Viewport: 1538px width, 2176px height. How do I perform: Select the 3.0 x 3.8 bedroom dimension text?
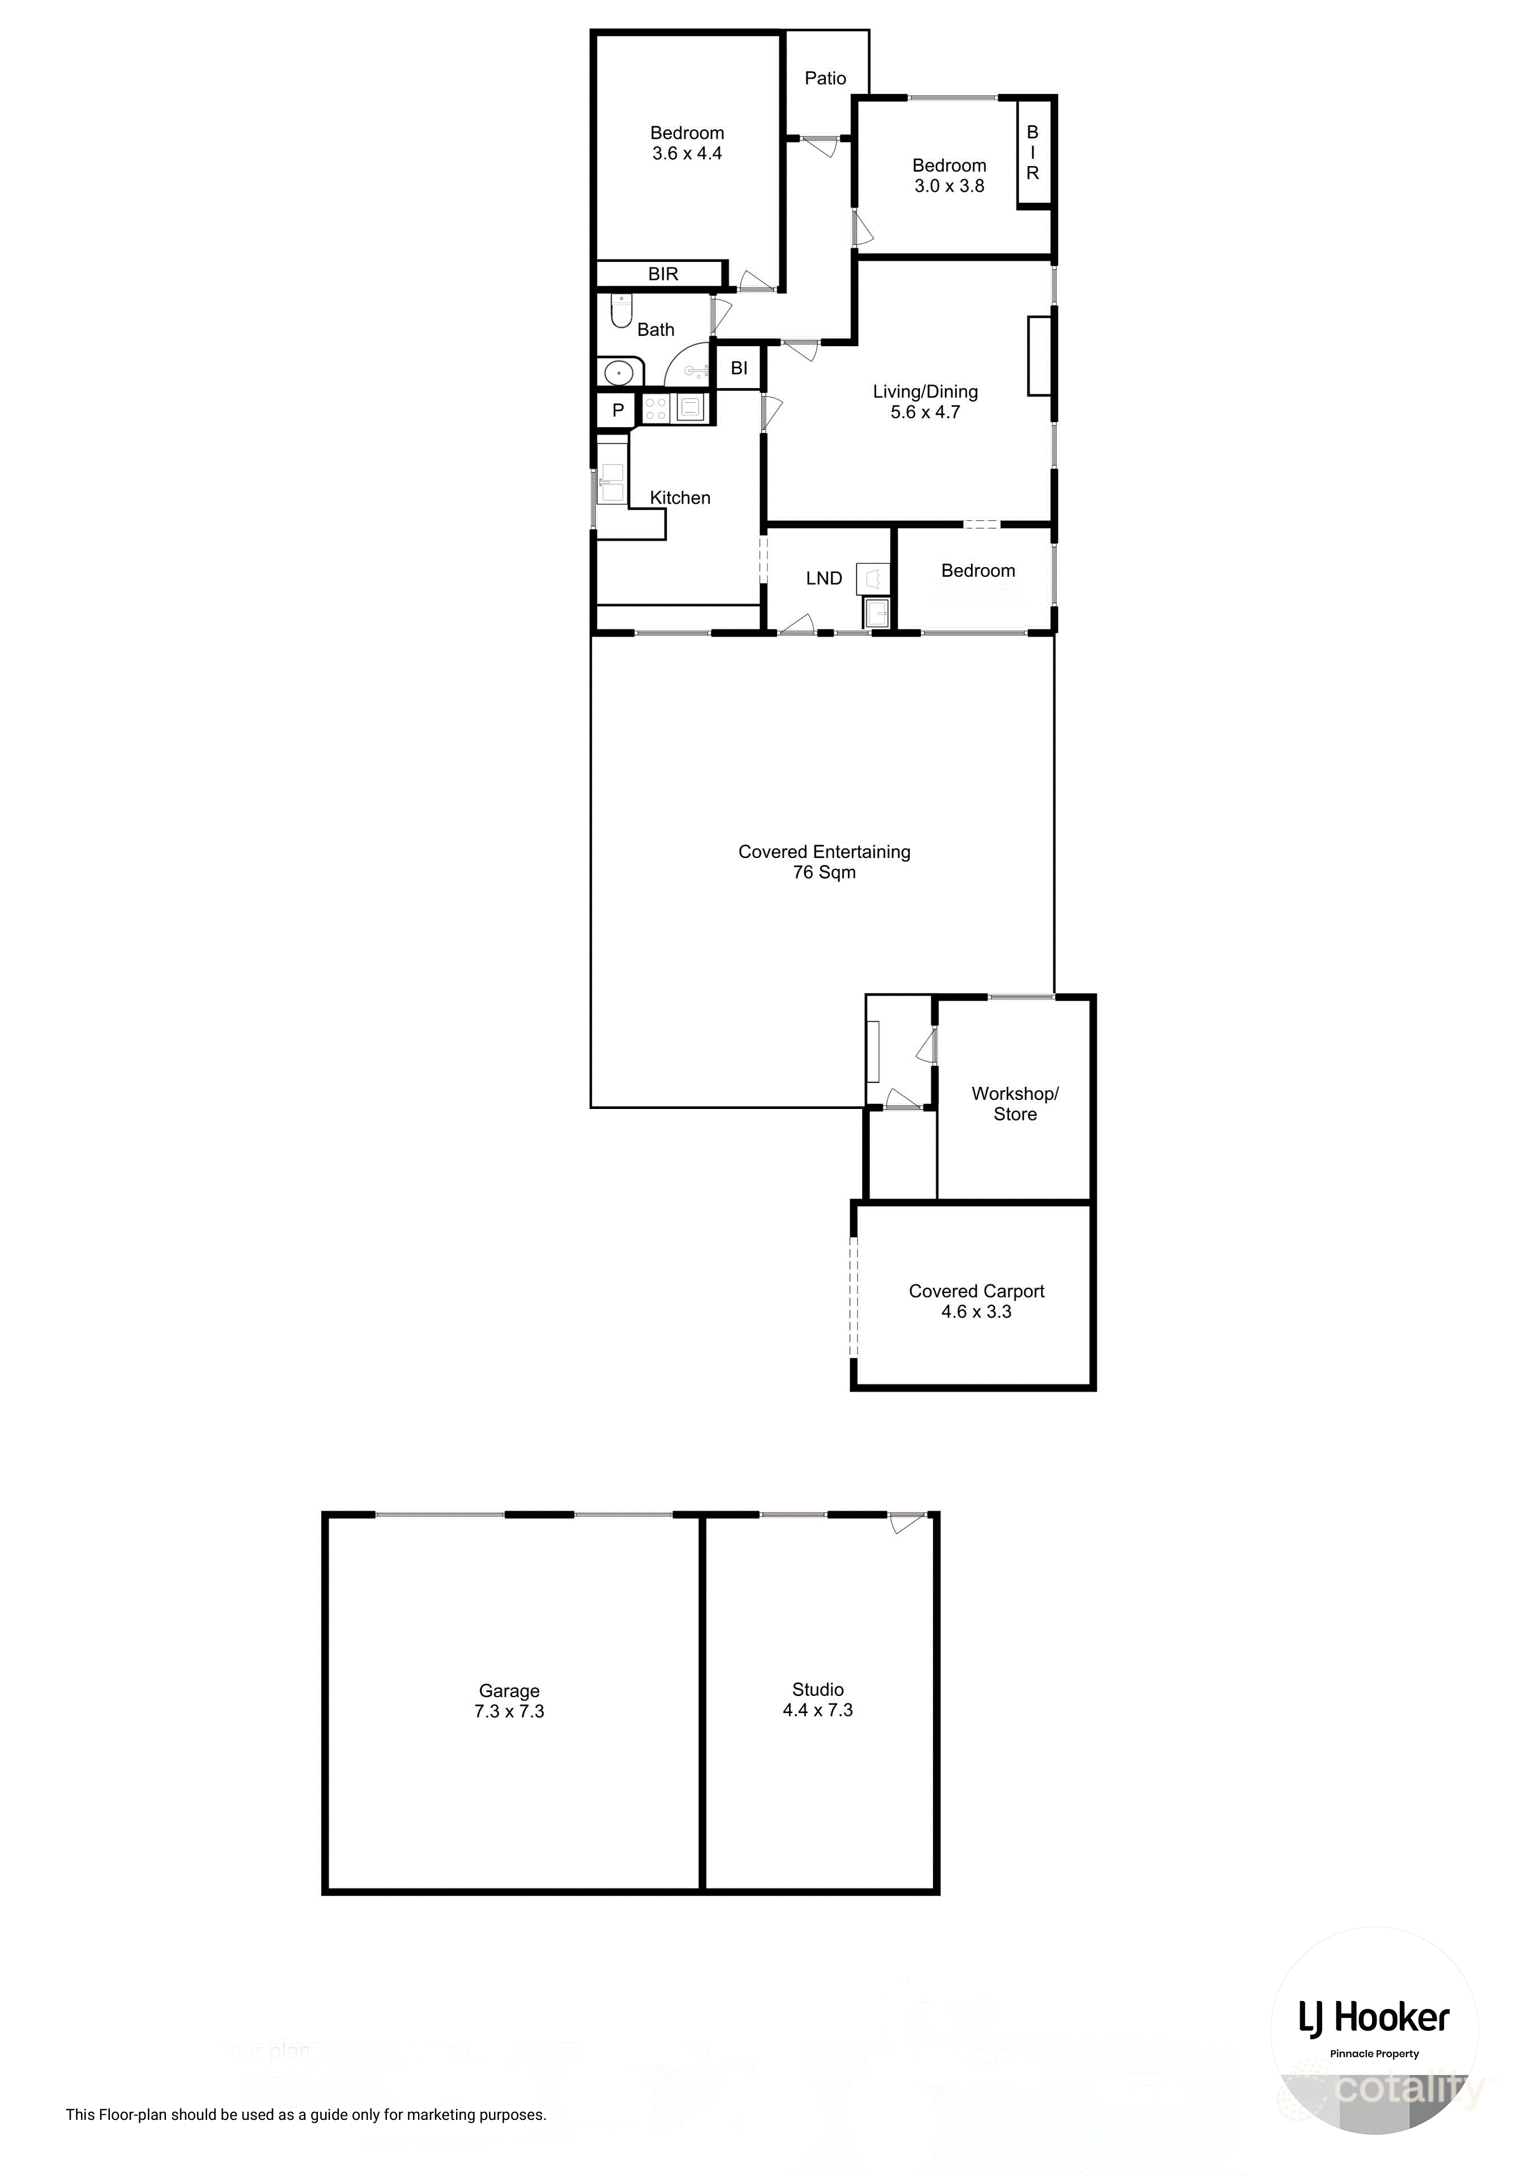point(949,186)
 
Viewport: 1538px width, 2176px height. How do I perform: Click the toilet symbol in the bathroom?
point(621,311)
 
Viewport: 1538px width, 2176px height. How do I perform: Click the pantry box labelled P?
point(618,410)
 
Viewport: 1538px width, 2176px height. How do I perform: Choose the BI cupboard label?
point(739,369)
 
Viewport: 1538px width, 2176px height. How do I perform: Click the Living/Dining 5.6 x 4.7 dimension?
point(925,413)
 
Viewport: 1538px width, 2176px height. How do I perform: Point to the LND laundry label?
point(824,578)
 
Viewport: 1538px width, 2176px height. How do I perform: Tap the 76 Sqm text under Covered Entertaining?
point(824,873)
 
